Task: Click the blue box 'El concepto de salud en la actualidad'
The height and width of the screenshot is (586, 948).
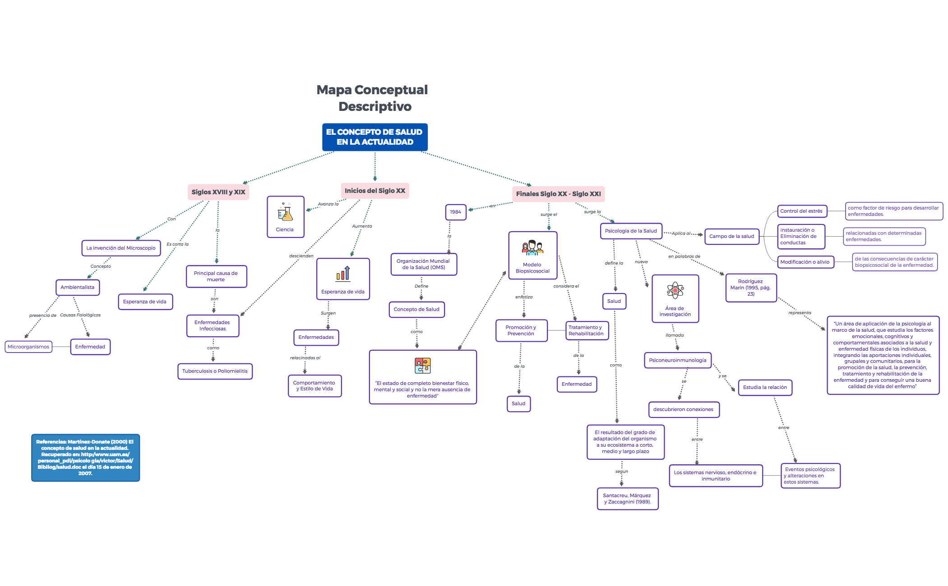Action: (x=375, y=137)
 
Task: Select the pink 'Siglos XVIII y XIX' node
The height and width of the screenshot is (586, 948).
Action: (x=218, y=192)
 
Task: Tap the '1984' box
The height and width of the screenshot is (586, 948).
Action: (x=456, y=212)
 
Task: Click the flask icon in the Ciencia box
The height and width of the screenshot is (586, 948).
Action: (x=285, y=212)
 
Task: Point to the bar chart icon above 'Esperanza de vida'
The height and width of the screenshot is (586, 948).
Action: (x=343, y=274)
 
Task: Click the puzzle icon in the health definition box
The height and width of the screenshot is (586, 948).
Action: (x=423, y=365)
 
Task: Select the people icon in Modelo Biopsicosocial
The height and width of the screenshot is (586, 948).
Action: (x=532, y=248)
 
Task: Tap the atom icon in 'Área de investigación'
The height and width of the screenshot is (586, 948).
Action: (x=675, y=291)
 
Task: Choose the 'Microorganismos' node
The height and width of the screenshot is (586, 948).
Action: (x=28, y=347)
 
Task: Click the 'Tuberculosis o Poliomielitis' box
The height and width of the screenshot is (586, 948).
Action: (x=215, y=371)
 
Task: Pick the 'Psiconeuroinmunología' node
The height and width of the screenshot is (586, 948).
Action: (x=678, y=360)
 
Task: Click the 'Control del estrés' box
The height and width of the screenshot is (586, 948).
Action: (x=801, y=211)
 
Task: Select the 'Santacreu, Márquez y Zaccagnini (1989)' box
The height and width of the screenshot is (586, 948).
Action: (x=627, y=499)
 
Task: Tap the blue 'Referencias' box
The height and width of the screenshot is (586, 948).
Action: (x=85, y=458)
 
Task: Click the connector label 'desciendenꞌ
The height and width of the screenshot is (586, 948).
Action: (x=301, y=256)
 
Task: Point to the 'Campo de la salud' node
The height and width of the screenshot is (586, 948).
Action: (x=731, y=236)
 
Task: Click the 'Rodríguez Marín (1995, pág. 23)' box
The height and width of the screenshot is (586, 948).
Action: (x=750, y=288)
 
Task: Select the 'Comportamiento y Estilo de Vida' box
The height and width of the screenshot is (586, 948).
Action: (x=314, y=386)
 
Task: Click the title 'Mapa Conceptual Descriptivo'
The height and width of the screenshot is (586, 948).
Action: (x=373, y=98)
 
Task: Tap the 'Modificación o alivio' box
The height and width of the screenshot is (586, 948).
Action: (x=805, y=262)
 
